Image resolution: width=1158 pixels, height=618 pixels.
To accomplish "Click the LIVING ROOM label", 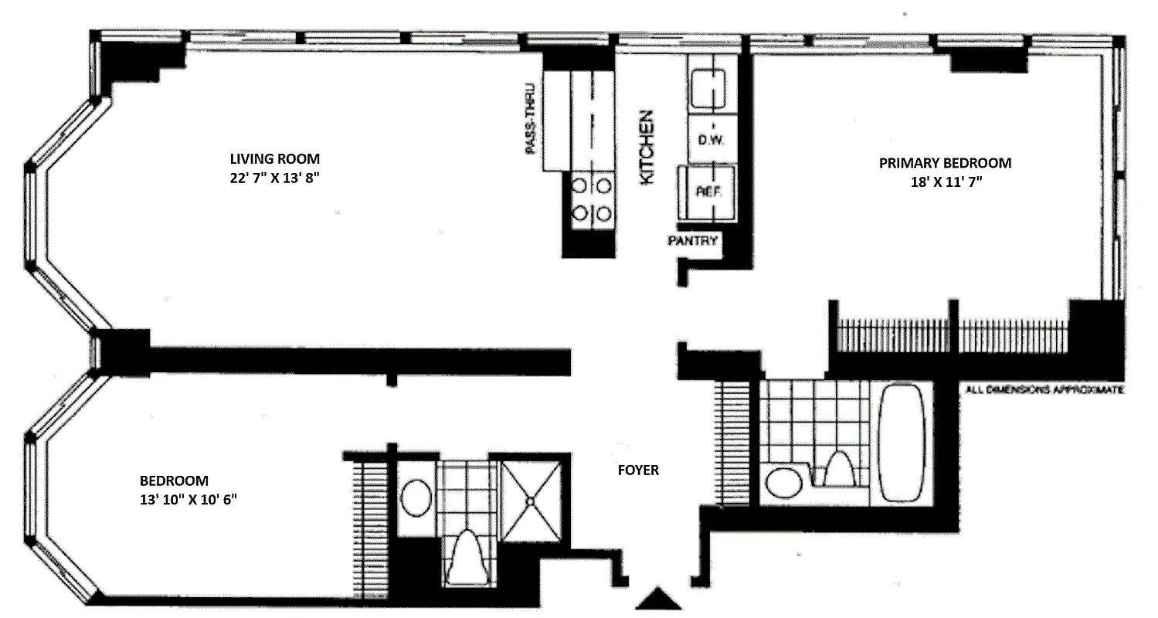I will pos(274,158).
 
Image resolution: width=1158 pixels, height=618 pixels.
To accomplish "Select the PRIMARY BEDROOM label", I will pos(945,163).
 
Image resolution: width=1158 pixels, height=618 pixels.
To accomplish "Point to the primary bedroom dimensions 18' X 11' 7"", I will pos(945,182).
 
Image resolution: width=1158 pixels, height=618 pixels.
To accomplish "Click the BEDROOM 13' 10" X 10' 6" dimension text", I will pos(185,498).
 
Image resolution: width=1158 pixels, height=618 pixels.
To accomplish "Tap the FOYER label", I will pos(637,470).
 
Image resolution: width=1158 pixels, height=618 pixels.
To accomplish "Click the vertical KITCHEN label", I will pos(647,147).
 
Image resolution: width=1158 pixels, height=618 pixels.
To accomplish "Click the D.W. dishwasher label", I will pos(710,141).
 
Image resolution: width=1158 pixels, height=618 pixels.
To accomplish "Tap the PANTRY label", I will pos(693,241).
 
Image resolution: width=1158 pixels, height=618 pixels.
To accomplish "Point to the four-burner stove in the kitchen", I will pos(590,199).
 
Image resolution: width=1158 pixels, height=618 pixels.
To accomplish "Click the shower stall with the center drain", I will pos(531,499).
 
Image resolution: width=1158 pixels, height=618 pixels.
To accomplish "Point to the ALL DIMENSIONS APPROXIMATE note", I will pos(1044,390).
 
